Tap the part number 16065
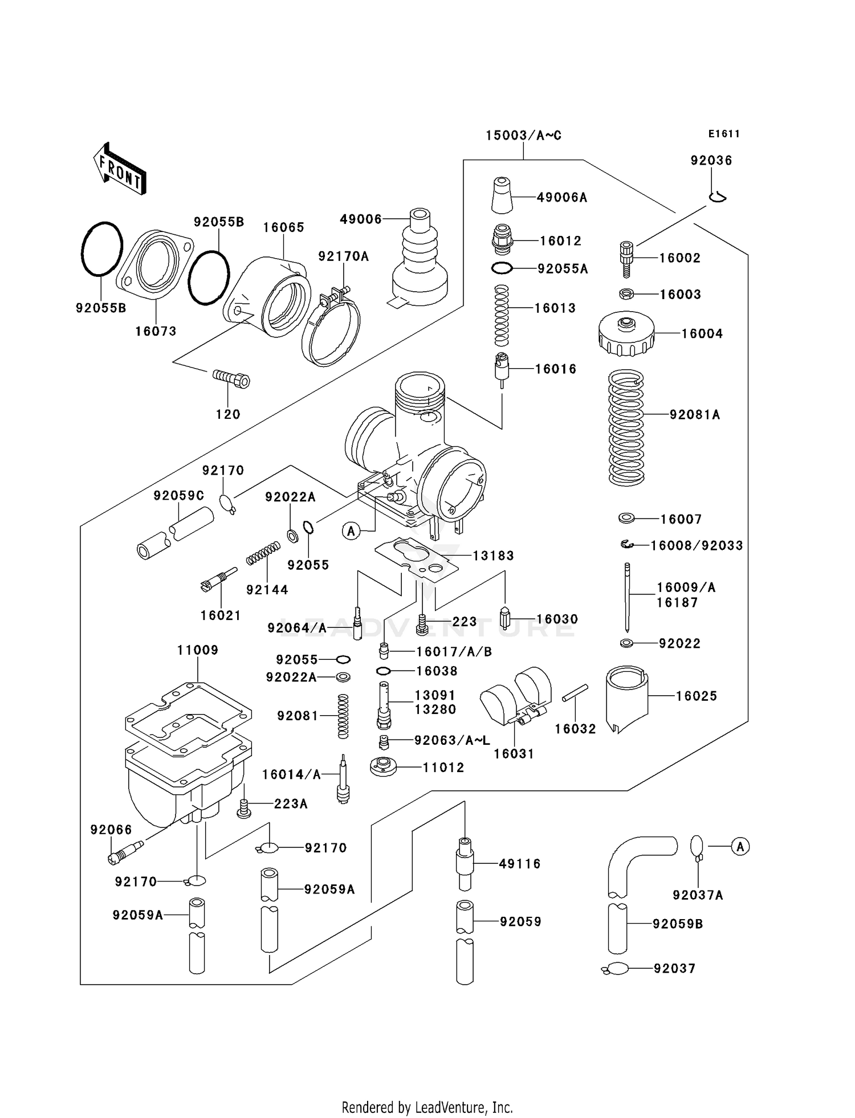coord(283,227)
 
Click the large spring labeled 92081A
coord(626,427)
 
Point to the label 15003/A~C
coord(523,136)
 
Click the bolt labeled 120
coord(231,378)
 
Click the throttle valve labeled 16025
coord(626,697)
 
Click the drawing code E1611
coord(724,134)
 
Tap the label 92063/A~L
coord(451,740)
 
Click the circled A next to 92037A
coord(740,847)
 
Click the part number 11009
coord(197,650)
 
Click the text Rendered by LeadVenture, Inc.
coord(427,1107)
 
